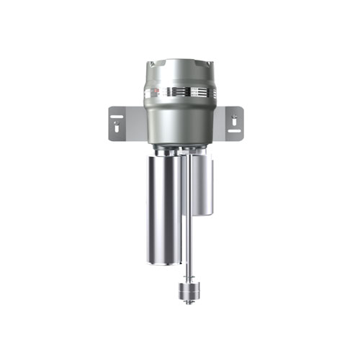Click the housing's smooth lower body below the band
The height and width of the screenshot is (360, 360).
tap(180, 119)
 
